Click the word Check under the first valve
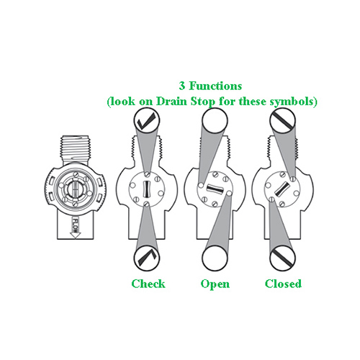[148, 284]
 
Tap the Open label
[215, 284]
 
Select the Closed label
[283, 284]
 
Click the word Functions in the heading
[215, 86]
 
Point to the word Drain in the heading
[171, 102]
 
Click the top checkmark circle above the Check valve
[147, 120]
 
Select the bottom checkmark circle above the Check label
[147, 258]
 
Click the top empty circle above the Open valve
[215, 120]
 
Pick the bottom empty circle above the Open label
[215, 258]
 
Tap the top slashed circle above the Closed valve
[282, 120]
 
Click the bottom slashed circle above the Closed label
[282, 258]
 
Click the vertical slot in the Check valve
[147, 189]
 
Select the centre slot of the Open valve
[215, 189]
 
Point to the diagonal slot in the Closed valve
[282, 189]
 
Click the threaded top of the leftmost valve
[76, 150]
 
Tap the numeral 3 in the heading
[182, 86]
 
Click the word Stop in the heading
[202, 102]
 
